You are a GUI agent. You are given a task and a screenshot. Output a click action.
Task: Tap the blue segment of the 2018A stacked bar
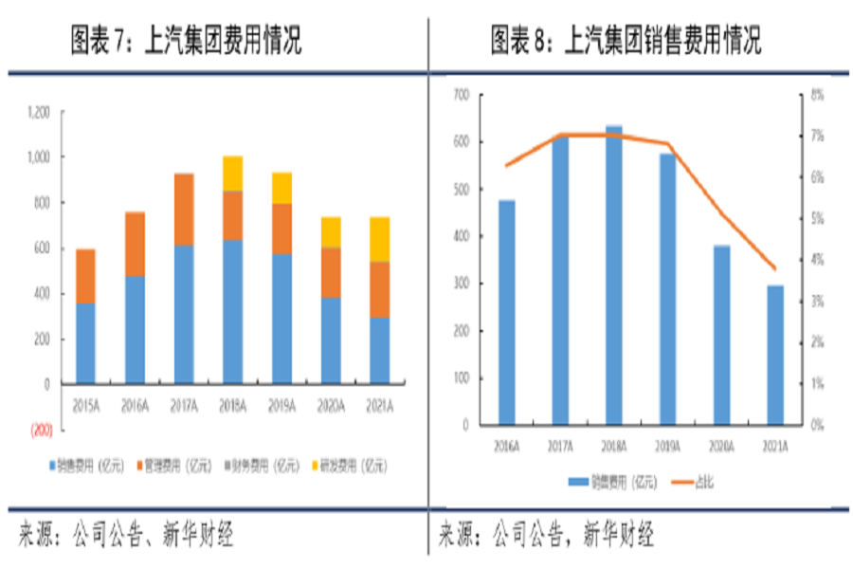coord(232,311)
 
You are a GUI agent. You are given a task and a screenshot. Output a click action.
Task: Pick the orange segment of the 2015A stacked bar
coord(85,276)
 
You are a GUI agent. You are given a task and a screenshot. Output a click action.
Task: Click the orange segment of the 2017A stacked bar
coord(183,210)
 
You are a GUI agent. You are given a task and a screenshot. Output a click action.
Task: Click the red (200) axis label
coord(41,430)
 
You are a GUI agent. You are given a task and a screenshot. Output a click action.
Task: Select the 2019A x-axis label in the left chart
coord(281,406)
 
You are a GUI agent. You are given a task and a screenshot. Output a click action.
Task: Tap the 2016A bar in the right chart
coord(507,312)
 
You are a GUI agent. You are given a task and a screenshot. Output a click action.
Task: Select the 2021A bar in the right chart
coord(775,355)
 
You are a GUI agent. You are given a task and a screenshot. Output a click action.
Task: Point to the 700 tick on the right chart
coord(463,94)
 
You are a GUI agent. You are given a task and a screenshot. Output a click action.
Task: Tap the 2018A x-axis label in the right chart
coord(614,444)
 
